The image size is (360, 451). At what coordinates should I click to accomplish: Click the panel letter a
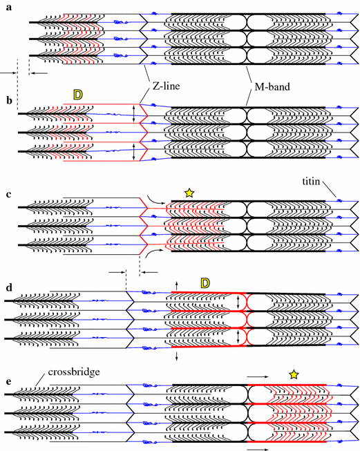coord(9,8)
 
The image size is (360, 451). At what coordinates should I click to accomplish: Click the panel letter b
coord(10,100)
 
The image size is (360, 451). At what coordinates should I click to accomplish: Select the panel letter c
coord(9,195)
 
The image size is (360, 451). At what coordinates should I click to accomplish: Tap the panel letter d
coord(9,287)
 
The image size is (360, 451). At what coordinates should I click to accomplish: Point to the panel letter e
coord(9,381)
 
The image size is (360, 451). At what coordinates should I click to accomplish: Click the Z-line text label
coord(166,86)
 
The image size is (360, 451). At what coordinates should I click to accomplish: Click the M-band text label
coord(272,86)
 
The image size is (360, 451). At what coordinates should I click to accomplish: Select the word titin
coord(311,181)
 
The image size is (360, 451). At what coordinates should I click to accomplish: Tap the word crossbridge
coord(74,372)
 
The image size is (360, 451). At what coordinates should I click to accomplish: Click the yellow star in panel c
coord(189,193)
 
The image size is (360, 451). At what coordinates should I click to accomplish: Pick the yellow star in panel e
coord(294,374)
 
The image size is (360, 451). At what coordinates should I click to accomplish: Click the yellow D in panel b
coord(77,95)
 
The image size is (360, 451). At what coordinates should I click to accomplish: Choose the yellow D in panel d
coord(205,283)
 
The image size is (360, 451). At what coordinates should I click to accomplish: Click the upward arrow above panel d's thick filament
coord(177,286)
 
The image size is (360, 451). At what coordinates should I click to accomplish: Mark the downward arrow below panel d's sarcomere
coord(177,356)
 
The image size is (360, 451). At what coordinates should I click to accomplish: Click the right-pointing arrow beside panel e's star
coord(258,376)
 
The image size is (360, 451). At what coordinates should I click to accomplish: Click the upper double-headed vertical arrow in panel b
coord(133,113)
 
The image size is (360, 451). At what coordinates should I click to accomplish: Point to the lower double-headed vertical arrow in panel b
coord(133,152)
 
